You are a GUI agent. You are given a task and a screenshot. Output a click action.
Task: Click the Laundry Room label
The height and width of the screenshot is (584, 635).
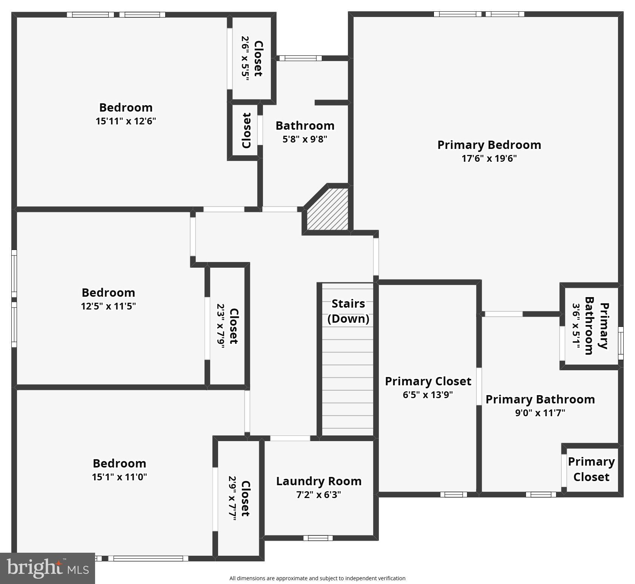point(319,481)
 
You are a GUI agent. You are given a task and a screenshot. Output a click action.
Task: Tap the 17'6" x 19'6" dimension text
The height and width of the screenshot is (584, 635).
point(489,158)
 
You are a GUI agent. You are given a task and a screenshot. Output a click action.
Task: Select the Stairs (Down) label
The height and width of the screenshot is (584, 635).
point(348,311)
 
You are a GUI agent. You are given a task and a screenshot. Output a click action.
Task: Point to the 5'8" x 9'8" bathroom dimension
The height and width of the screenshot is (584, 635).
point(305,139)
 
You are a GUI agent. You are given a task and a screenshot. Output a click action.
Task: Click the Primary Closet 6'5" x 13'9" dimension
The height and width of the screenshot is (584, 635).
point(428,395)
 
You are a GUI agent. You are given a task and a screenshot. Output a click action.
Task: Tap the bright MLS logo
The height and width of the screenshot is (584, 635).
point(48,568)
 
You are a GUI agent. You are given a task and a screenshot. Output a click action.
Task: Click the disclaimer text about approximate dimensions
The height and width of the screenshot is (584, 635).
point(317,578)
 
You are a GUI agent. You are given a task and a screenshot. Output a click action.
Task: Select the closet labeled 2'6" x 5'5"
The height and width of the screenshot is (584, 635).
point(252,58)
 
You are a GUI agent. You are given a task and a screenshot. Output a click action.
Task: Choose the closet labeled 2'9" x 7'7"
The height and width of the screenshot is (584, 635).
point(239,498)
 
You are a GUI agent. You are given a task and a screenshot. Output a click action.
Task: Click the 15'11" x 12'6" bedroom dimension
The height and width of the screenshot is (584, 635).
point(126,121)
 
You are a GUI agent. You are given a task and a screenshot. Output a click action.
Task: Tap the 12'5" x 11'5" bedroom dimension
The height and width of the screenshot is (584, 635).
point(108,306)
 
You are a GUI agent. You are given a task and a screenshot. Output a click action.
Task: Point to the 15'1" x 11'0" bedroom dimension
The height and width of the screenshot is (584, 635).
point(119,477)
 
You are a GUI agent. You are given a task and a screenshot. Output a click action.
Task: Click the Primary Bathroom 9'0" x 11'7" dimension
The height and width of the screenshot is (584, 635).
point(540,413)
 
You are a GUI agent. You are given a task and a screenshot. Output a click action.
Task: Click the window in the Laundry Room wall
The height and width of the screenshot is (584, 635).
point(318,538)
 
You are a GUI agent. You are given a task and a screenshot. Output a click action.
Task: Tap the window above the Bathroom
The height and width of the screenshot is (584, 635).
point(300,58)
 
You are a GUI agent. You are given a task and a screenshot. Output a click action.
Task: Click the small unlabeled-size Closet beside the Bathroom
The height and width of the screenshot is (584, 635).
point(246,130)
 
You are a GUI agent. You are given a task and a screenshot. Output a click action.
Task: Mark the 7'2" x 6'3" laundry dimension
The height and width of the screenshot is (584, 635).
point(319,495)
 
